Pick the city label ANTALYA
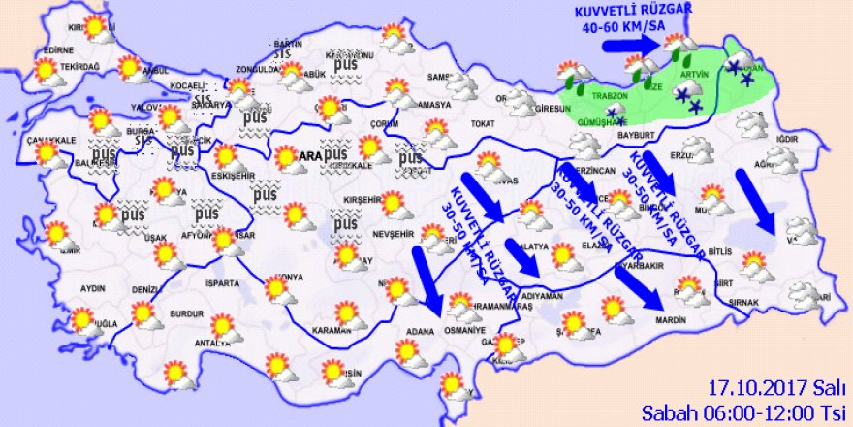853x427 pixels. [x=213, y=343]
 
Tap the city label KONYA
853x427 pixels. [x=288, y=278]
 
